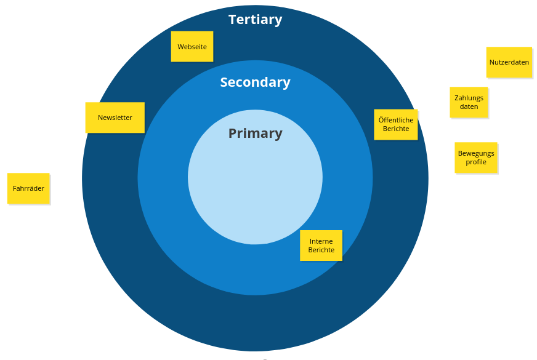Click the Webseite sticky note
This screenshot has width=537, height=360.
tap(192, 47)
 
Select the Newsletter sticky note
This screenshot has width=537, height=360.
tap(115, 118)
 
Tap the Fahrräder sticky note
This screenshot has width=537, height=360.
tap(28, 188)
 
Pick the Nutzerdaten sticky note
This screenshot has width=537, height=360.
tap(509, 62)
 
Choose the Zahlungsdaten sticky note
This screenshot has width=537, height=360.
tap(469, 102)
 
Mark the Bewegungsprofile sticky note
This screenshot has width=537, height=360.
tap(476, 158)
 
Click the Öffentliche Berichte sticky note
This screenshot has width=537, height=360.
tap(396, 124)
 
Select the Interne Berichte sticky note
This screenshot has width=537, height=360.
tap(321, 246)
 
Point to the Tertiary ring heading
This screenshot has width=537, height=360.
tap(256, 20)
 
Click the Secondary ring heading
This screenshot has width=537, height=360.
tap(255, 82)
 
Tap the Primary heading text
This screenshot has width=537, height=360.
tap(255, 134)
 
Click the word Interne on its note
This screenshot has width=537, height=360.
tap(321, 241)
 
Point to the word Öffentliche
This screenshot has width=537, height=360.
tap(396, 120)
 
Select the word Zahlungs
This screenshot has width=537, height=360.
tap(469, 98)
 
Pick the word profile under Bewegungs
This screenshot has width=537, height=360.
tap(476, 162)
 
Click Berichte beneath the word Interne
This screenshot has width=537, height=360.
tap(321, 250)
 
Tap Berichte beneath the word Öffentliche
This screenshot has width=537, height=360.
tap(396, 129)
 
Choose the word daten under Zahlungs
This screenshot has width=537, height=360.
tap(469, 107)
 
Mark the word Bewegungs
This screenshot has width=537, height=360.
tap(476, 153)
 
